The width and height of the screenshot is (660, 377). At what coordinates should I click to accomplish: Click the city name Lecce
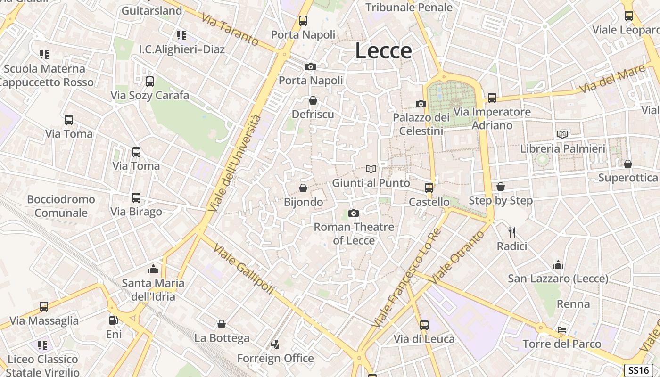click(x=383, y=50)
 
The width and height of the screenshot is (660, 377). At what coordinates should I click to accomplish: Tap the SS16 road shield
click(x=639, y=370)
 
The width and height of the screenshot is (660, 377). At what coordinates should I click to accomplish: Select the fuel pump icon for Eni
click(x=113, y=320)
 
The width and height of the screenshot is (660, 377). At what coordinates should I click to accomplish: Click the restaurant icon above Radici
click(x=512, y=232)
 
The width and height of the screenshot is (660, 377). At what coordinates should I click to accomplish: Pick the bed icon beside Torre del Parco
click(x=561, y=329)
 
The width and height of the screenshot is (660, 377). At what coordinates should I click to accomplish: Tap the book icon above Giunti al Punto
click(x=371, y=169)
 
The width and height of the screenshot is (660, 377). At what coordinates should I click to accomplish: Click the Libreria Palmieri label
click(x=562, y=149)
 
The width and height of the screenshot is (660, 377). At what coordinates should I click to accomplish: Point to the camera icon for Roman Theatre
click(x=353, y=213)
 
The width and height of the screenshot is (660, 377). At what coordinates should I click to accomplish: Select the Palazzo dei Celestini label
click(x=421, y=124)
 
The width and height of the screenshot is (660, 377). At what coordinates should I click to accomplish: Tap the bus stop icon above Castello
click(x=429, y=188)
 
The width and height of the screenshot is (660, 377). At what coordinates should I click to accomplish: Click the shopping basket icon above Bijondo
click(x=303, y=188)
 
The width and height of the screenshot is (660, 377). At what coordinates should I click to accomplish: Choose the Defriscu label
click(x=313, y=115)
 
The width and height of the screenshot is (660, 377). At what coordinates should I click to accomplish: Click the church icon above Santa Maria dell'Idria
click(x=153, y=269)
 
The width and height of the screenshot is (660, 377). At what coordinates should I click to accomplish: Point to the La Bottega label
click(x=222, y=338)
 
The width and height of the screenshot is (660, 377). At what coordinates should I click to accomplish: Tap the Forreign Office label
click(x=275, y=358)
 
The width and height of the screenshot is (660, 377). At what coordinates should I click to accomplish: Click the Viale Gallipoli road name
click(x=243, y=269)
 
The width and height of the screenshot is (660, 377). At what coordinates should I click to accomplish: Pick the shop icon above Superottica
click(x=627, y=164)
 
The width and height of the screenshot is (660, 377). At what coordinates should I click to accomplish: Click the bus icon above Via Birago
click(x=136, y=198)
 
